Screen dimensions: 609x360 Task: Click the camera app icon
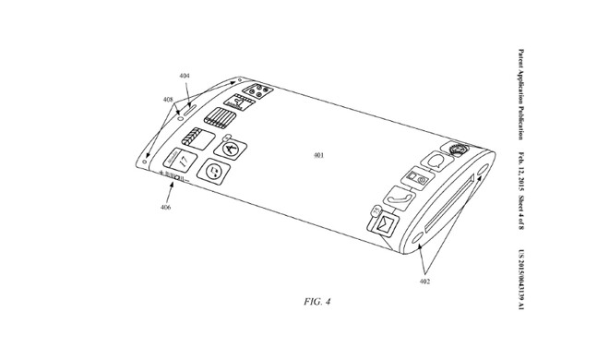click(416, 178)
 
